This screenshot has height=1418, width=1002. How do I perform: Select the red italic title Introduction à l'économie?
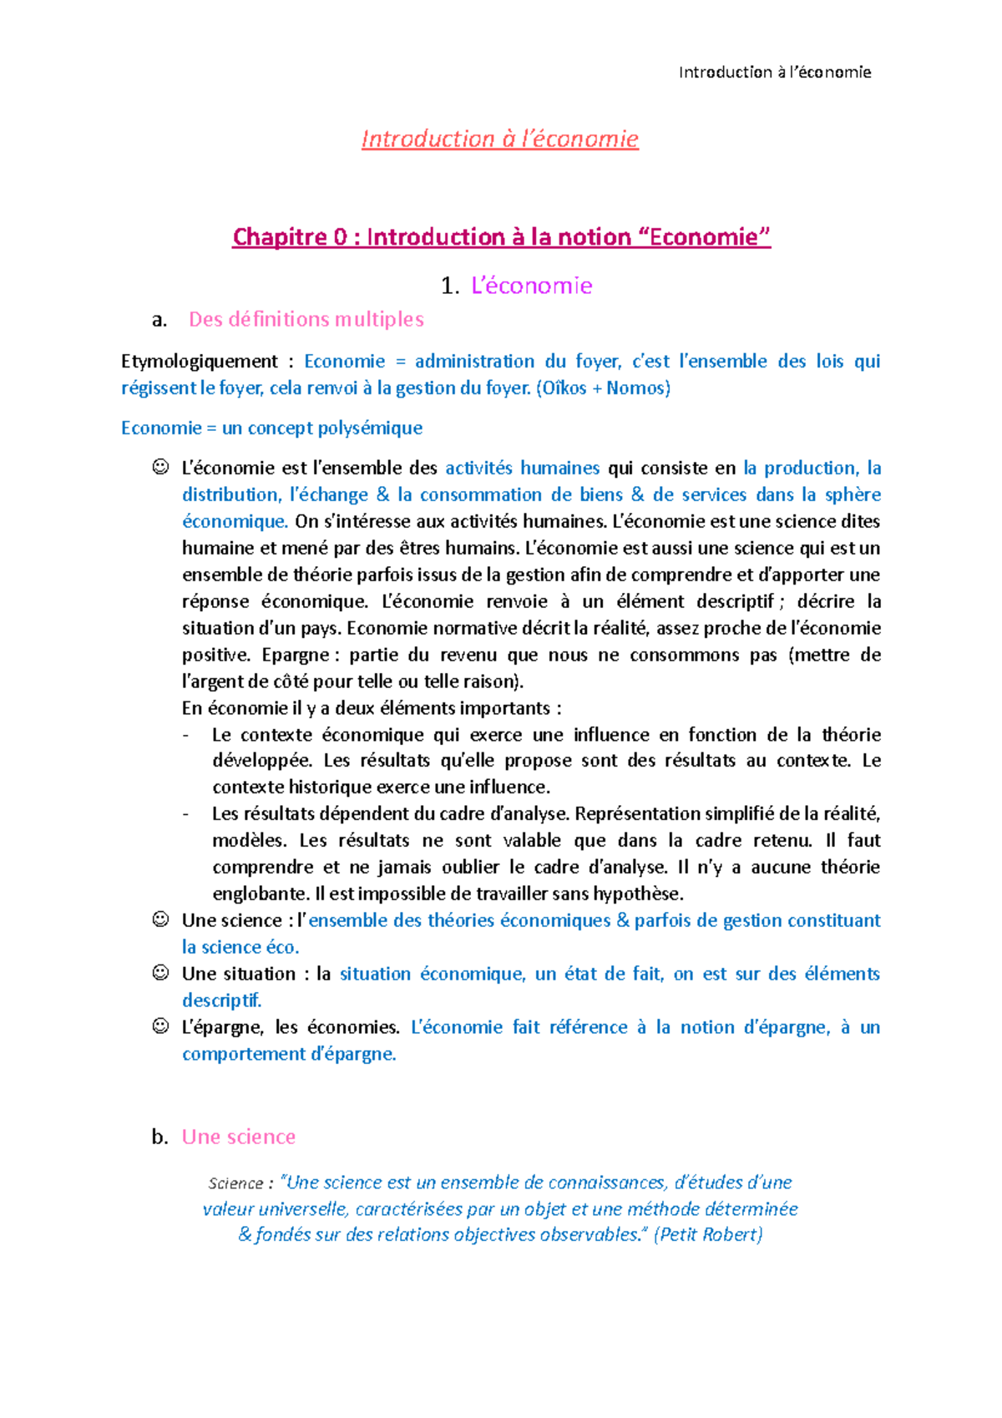click(499, 139)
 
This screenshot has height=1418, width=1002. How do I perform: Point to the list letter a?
click(159, 319)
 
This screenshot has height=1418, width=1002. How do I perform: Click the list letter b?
click(159, 1137)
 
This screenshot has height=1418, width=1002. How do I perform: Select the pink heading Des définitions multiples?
click(306, 319)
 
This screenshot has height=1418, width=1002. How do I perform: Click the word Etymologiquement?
click(199, 362)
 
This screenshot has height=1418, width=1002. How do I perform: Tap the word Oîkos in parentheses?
click(564, 387)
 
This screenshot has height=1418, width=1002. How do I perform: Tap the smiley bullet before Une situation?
click(160, 973)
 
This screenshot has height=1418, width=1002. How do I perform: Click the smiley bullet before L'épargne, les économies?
click(160, 1026)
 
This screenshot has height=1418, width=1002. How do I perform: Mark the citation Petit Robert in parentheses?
click(710, 1234)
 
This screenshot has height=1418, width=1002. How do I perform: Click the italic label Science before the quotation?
click(235, 1183)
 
